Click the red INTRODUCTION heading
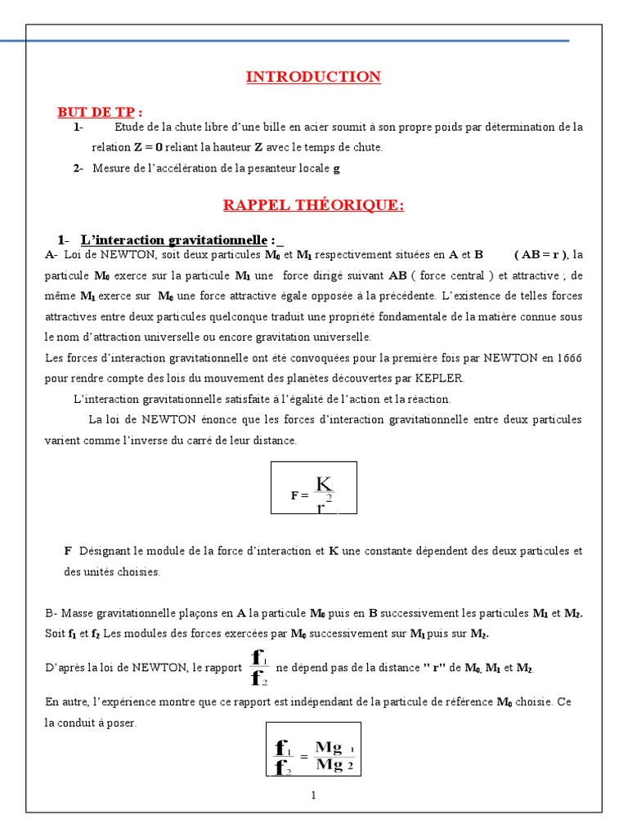point(313,78)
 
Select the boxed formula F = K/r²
point(314,489)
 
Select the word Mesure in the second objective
point(110,168)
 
